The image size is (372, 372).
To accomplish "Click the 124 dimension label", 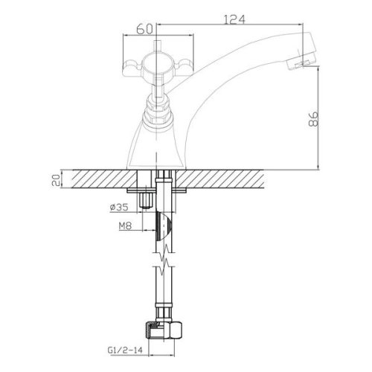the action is click(x=234, y=19).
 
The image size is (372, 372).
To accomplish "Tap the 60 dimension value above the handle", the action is click(x=144, y=30).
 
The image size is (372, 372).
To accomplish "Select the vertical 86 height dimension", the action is click(x=313, y=119).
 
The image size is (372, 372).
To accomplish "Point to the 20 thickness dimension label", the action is click(x=57, y=179).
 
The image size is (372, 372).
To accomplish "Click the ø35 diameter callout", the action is click(x=119, y=207).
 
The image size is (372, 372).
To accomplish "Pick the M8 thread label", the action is click(x=125, y=225).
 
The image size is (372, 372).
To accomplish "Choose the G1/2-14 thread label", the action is click(x=125, y=350).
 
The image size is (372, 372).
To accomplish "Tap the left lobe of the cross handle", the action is click(x=132, y=68).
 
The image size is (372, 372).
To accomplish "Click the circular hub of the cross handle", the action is click(x=156, y=65).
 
